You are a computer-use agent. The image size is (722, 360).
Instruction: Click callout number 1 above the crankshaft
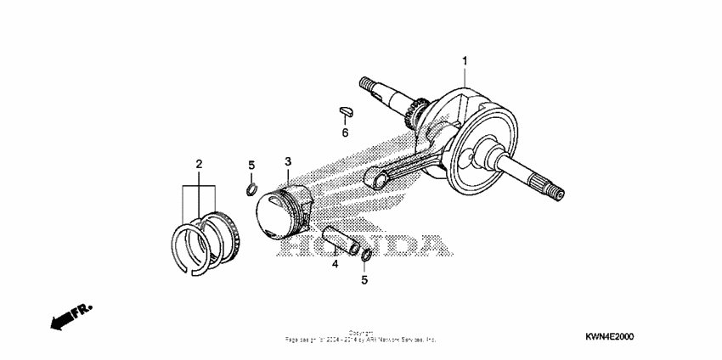pos(465,60)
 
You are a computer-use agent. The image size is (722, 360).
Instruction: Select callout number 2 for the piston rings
pos(199,163)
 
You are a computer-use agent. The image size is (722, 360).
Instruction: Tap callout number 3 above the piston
pos(288,161)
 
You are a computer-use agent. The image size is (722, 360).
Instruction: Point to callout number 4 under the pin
pos(335,264)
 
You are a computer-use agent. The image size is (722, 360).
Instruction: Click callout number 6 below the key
pos(345,132)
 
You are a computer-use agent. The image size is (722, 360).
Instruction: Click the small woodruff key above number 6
pos(345,109)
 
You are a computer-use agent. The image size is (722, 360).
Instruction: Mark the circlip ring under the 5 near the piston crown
pos(252,187)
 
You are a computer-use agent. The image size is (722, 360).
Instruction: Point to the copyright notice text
pos(361,336)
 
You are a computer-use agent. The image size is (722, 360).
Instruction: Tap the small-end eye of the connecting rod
pos(375,177)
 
